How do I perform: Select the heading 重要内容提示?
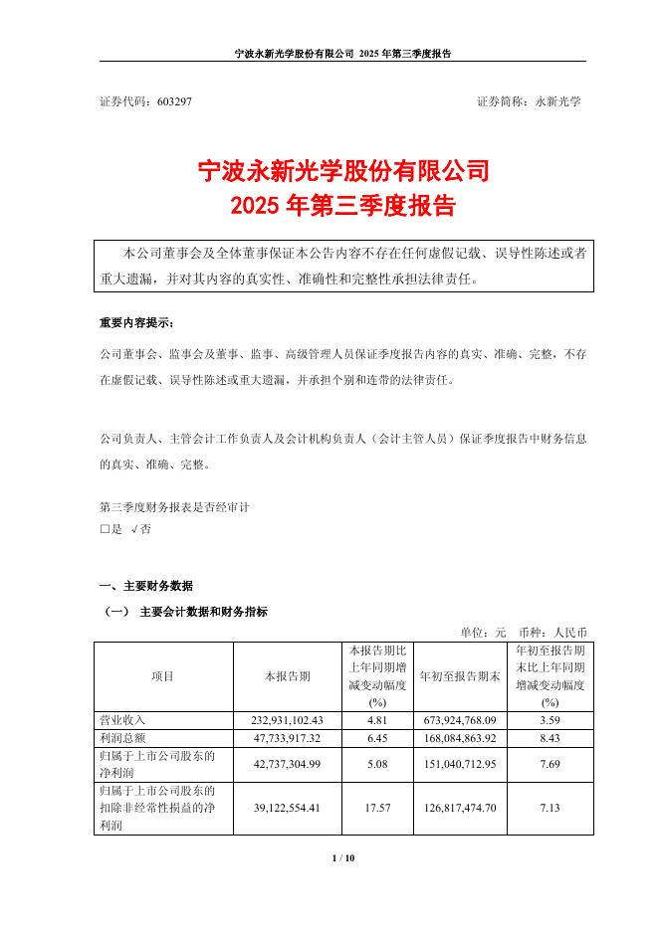coord(142,324)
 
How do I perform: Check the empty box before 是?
coord(105,530)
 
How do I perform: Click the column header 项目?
coord(162,675)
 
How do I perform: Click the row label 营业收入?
coord(122,718)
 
